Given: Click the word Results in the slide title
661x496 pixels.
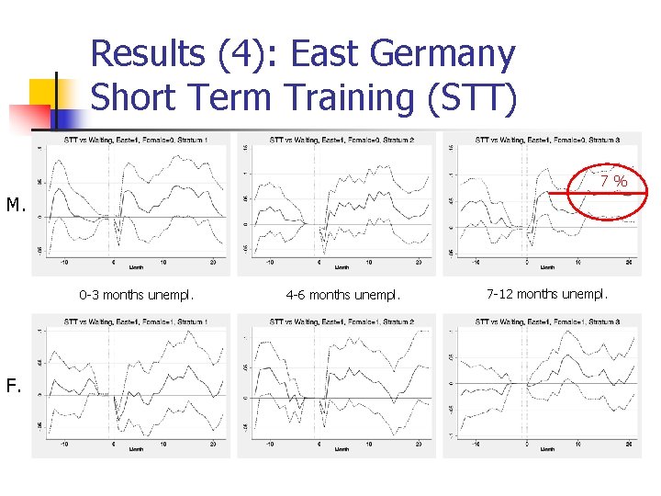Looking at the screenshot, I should (x=146, y=54).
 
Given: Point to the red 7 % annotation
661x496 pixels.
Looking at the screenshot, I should (x=613, y=181).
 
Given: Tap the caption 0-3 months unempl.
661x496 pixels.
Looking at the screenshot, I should (x=136, y=296).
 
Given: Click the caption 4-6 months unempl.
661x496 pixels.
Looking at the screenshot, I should (x=342, y=296).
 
